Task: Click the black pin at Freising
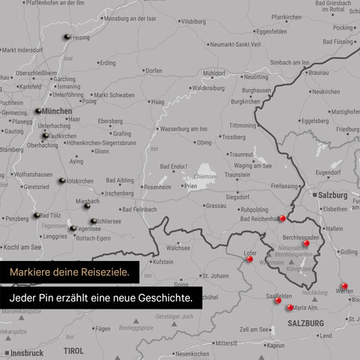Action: tap(67, 37)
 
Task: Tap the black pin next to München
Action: tap(37, 111)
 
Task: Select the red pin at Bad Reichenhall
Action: tap(283, 219)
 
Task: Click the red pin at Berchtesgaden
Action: tap(307, 243)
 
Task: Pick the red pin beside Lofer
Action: tap(250, 259)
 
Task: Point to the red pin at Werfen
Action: tap(344, 286)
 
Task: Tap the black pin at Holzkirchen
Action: tap(61, 181)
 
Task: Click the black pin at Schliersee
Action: tap(93, 221)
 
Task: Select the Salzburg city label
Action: tap(332, 194)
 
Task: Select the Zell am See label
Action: tap(254, 329)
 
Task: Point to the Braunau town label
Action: tap(319, 73)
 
